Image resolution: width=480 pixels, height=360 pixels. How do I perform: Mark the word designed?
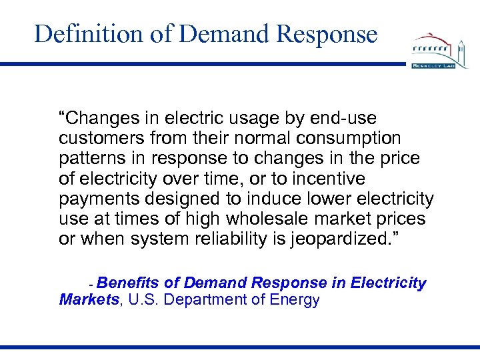point(176,199)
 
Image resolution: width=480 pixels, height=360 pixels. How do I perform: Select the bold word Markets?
point(89,300)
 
